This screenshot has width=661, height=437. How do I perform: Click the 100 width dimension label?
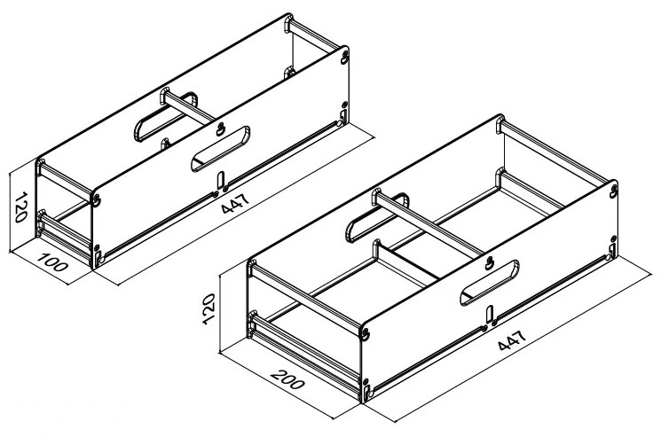tap(52, 261)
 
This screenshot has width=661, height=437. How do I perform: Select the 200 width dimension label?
tap(288, 379)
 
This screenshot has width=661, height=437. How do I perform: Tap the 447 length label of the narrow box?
tap(235, 203)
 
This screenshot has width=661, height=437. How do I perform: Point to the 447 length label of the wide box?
tap(512, 340)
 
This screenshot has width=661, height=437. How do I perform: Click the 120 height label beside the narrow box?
tap(21, 207)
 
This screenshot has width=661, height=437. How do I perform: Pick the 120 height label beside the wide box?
tap(209, 309)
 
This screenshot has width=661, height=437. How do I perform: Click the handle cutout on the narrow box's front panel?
tap(220, 149)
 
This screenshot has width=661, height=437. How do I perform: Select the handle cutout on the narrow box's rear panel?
tap(165, 116)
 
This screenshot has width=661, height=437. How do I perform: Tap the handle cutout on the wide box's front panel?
tap(490, 283)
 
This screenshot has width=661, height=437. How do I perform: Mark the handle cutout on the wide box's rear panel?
tap(377, 217)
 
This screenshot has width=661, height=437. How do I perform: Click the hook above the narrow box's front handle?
tap(220, 129)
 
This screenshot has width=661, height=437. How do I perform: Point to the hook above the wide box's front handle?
tap(489, 263)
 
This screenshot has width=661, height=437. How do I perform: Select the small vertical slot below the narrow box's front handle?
tap(221, 181)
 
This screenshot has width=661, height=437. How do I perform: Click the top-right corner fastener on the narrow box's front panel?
tap(345, 58)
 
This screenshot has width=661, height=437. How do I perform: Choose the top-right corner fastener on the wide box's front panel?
tap(613, 191)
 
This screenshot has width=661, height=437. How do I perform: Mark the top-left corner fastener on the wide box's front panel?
tap(365, 333)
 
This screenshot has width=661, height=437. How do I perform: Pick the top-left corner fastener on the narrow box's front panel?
tap(97, 200)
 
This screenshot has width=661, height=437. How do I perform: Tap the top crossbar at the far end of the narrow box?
tap(313, 35)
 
